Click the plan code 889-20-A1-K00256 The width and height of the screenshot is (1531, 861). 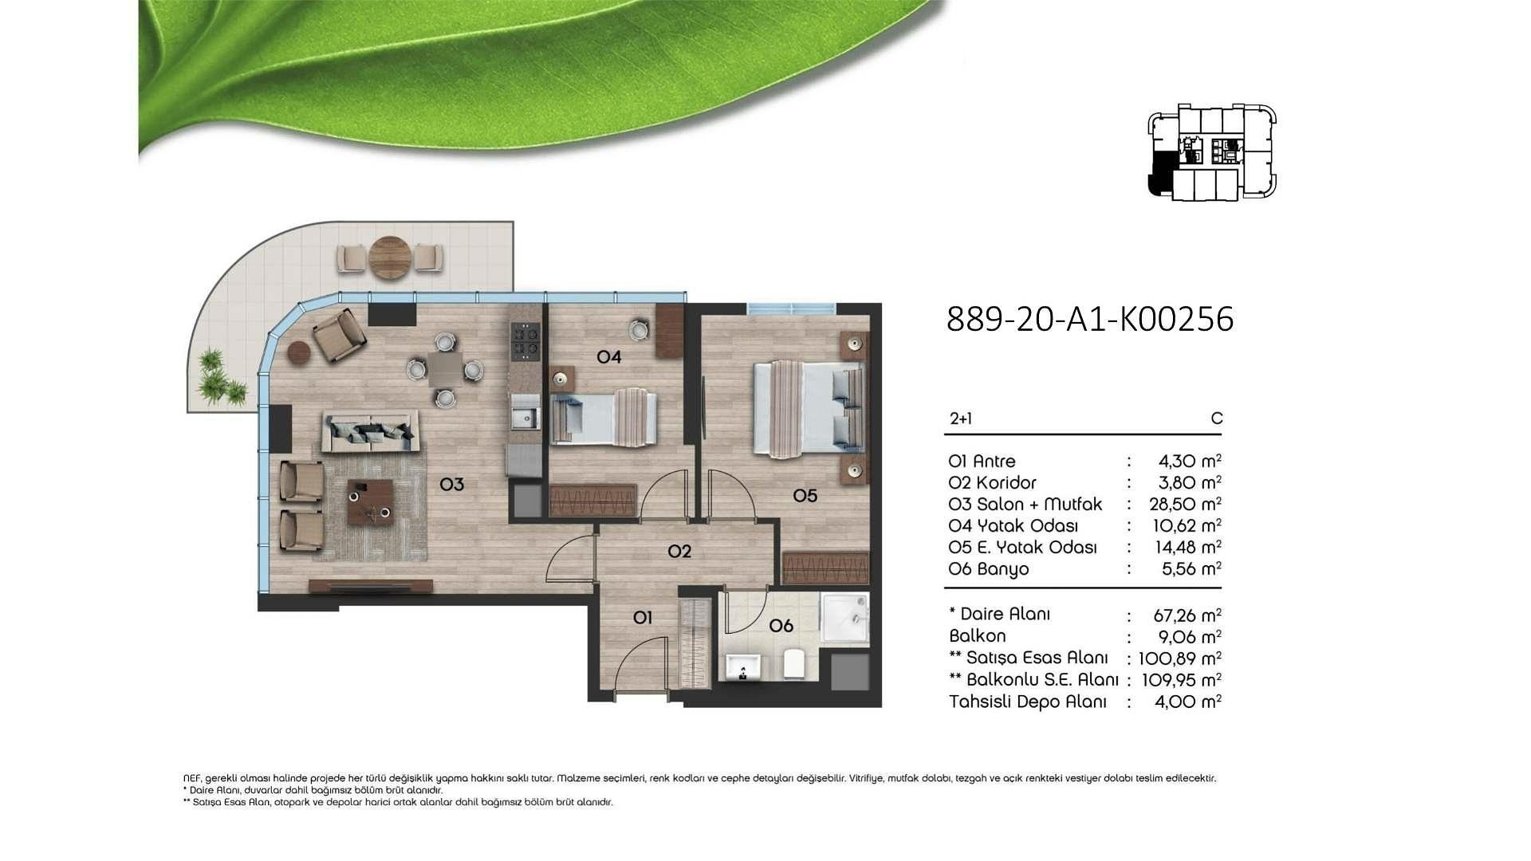click(1090, 319)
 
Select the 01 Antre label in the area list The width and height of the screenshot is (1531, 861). click(982, 461)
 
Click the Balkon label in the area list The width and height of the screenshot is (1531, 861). click(978, 636)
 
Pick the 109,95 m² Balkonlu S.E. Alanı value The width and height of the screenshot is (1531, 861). click(1182, 679)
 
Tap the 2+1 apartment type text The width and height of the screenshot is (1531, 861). click(961, 419)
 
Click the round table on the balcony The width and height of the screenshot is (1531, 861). click(391, 257)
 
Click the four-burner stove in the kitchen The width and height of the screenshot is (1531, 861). click(525, 340)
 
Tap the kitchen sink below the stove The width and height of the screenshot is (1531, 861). click(525, 419)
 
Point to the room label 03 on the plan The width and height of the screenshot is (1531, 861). click(451, 484)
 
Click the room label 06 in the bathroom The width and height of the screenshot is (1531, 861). click(781, 626)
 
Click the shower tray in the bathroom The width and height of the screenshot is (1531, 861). click(845, 619)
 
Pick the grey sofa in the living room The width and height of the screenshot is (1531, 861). click(369, 432)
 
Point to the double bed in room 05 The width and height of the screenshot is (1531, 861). click(809, 409)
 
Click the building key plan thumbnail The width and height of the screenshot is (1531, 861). click(1212, 151)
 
